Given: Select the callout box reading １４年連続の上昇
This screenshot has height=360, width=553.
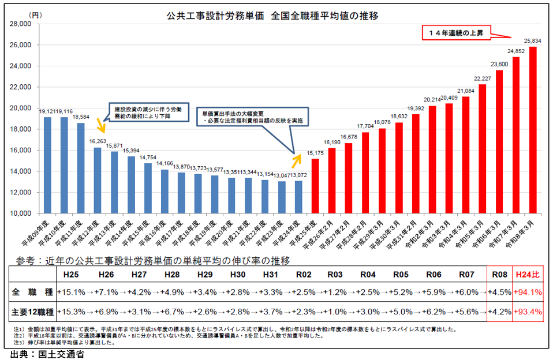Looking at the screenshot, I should (455, 33).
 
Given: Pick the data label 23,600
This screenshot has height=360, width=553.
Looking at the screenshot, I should (499, 64).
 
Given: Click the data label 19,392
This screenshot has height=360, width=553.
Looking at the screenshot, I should (415, 108).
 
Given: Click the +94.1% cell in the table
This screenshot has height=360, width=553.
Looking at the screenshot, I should (527, 292).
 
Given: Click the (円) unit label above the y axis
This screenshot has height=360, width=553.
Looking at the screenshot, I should (35, 13).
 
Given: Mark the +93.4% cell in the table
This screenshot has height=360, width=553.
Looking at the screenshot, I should (527, 312).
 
